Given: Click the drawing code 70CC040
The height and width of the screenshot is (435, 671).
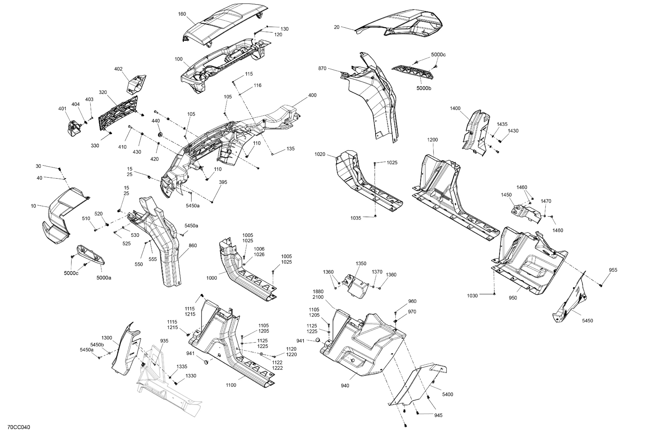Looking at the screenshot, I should coord(19,427).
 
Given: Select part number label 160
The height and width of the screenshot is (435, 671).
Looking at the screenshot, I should coord(182,14).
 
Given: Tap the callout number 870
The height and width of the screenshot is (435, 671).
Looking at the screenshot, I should coord(322,69).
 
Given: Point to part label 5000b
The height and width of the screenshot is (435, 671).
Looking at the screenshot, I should coord(424,88).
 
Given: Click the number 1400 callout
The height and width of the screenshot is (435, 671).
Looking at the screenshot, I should coord(455,108).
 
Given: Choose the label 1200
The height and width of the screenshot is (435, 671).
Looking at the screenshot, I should coord(432,139).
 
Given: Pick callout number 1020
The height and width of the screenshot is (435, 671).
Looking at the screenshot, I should coord(320,154).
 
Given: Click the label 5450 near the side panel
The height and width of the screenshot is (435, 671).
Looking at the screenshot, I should coord(588,321).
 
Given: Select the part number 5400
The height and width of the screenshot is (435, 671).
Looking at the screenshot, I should coord(448,394).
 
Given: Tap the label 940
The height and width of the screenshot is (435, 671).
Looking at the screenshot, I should coord(345,386).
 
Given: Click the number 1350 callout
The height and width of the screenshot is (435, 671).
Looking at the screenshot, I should coord(361,264).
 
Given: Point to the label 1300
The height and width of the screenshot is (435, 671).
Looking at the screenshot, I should coord(106,338).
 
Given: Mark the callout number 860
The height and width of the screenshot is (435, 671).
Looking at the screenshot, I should coord(192,246).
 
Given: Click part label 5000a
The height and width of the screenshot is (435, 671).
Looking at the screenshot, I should coord(104,278).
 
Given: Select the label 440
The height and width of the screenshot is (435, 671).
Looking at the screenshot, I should coord(156,121).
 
